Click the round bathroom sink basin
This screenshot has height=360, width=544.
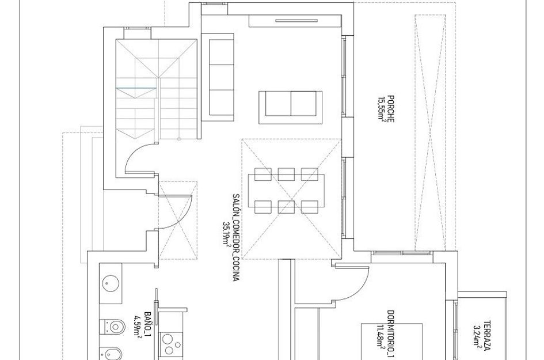click(111, 283)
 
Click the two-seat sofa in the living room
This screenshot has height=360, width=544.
click(291, 107)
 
